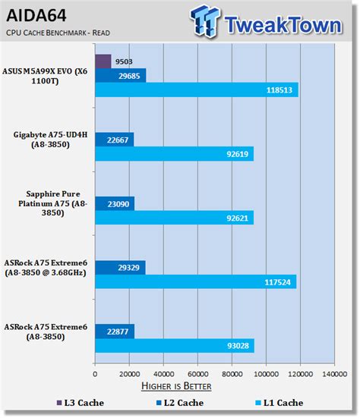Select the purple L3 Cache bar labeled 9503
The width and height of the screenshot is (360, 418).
coord(103,61)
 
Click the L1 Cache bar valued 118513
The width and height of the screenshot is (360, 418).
coord(196,90)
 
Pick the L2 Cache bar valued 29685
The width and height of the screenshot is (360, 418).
coord(120,75)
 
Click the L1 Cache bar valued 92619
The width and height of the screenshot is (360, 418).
coord(174,153)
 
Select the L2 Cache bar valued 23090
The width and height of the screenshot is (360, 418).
coord(115,203)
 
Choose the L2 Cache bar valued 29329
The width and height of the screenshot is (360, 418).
coord(120,267)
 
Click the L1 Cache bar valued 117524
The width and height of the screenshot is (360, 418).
coord(195,281)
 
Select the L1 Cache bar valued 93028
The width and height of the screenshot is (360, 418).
coord(175,346)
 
